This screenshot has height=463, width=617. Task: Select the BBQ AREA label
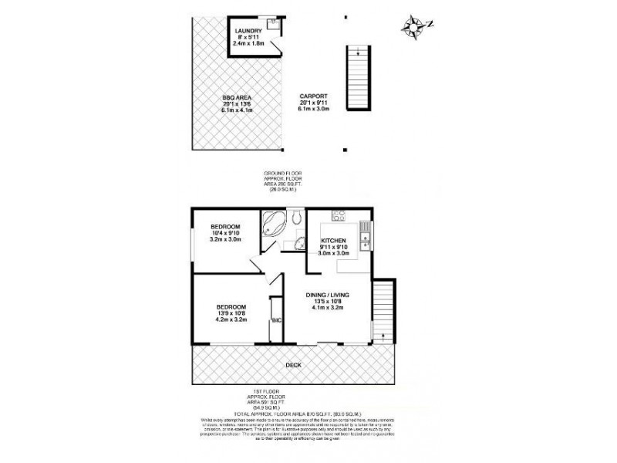tap(238, 98)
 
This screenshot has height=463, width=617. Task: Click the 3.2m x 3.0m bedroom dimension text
tap(227, 239)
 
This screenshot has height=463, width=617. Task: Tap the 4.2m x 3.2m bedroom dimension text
tap(231, 319)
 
